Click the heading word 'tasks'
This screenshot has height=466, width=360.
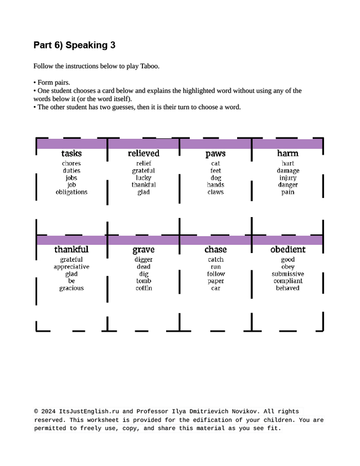tap(71, 153)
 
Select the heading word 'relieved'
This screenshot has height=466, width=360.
tap(143, 153)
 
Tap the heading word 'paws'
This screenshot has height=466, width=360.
tap(215, 154)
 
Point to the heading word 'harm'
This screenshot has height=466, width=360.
tap(287, 153)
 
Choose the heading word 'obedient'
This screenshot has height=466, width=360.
tap(287, 249)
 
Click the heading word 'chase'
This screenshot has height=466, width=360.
tap(215, 249)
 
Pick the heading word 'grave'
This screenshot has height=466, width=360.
tap(143, 250)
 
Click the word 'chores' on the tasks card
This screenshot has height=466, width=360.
tap(71, 164)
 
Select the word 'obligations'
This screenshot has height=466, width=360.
tap(71, 192)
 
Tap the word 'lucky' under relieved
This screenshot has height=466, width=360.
tap(143, 178)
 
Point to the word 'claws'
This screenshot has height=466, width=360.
tap(215, 192)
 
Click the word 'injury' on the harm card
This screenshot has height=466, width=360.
tap(287, 178)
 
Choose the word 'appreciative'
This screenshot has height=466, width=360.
tap(71, 267)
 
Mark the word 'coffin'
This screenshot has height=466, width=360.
tap(143, 288)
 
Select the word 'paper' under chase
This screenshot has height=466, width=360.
tap(215, 281)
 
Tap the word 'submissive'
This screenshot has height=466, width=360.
tap(287, 274)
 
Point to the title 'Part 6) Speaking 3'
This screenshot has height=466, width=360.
tap(74, 45)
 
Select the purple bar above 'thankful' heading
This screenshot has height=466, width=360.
tap(71, 240)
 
